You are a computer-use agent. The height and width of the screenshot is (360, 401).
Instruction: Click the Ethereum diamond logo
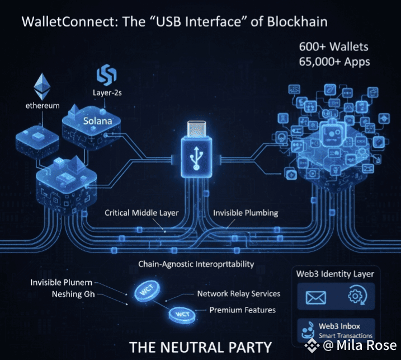(41, 86)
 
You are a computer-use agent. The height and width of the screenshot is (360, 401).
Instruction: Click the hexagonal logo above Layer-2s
(106, 74)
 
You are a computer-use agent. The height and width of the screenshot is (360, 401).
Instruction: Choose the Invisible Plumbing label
(246, 213)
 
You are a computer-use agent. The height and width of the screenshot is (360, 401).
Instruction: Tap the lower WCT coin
(181, 315)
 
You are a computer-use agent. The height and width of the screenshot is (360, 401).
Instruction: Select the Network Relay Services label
(239, 293)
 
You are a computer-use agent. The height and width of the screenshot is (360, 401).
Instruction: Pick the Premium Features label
(242, 310)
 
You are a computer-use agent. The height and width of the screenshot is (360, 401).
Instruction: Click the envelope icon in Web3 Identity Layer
(315, 297)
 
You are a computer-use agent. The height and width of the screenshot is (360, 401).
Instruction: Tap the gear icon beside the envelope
(356, 297)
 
